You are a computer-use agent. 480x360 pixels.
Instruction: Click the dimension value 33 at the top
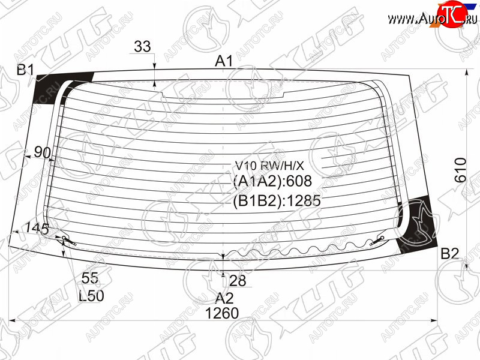[x=142, y=47]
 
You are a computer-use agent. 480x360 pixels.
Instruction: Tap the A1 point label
[x=224, y=61]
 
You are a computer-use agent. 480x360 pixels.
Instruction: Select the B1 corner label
[x=25, y=70]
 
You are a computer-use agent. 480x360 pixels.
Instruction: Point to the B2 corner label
[x=449, y=254]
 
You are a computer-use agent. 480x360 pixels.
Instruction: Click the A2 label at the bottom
[x=224, y=298]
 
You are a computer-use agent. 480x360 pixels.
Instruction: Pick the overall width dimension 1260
[x=222, y=313]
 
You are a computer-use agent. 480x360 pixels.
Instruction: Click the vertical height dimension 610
[x=460, y=170]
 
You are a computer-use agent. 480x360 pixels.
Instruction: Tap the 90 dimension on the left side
[x=42, y=152]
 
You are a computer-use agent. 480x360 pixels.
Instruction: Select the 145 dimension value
[x=37, y=229]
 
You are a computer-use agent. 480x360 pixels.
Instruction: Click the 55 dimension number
[x=90, y=278]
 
